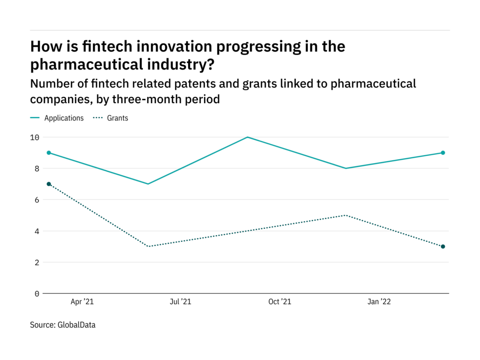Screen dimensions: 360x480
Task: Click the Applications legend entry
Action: click(64, 118)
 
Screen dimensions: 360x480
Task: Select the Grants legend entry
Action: click(117, 118)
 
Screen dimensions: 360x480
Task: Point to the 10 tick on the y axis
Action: click(35, 137)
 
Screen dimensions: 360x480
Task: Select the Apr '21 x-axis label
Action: click(82, 302)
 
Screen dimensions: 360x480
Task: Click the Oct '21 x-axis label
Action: click(279, 302)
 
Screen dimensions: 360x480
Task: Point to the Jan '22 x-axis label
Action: click(379, 302)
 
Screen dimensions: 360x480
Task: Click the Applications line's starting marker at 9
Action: click(49, 153)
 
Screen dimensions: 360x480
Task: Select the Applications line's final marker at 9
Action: click(443, 153)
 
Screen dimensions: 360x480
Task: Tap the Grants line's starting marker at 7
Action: click(49, 184)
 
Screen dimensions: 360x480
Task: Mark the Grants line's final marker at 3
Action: click(443, 247)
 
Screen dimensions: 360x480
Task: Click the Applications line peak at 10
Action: click(247, 137)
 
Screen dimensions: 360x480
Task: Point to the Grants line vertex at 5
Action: click(345, 215)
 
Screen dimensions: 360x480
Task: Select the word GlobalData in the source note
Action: click(76, 324)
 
